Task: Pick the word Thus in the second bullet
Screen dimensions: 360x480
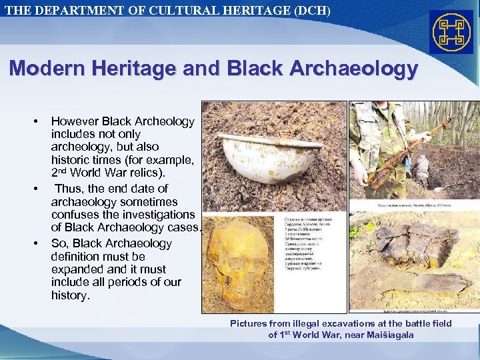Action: click(x=68, y=189)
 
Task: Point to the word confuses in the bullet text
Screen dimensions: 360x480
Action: click(x=77, y=215)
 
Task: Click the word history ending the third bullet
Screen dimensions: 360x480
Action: click(x=69, y=295)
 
